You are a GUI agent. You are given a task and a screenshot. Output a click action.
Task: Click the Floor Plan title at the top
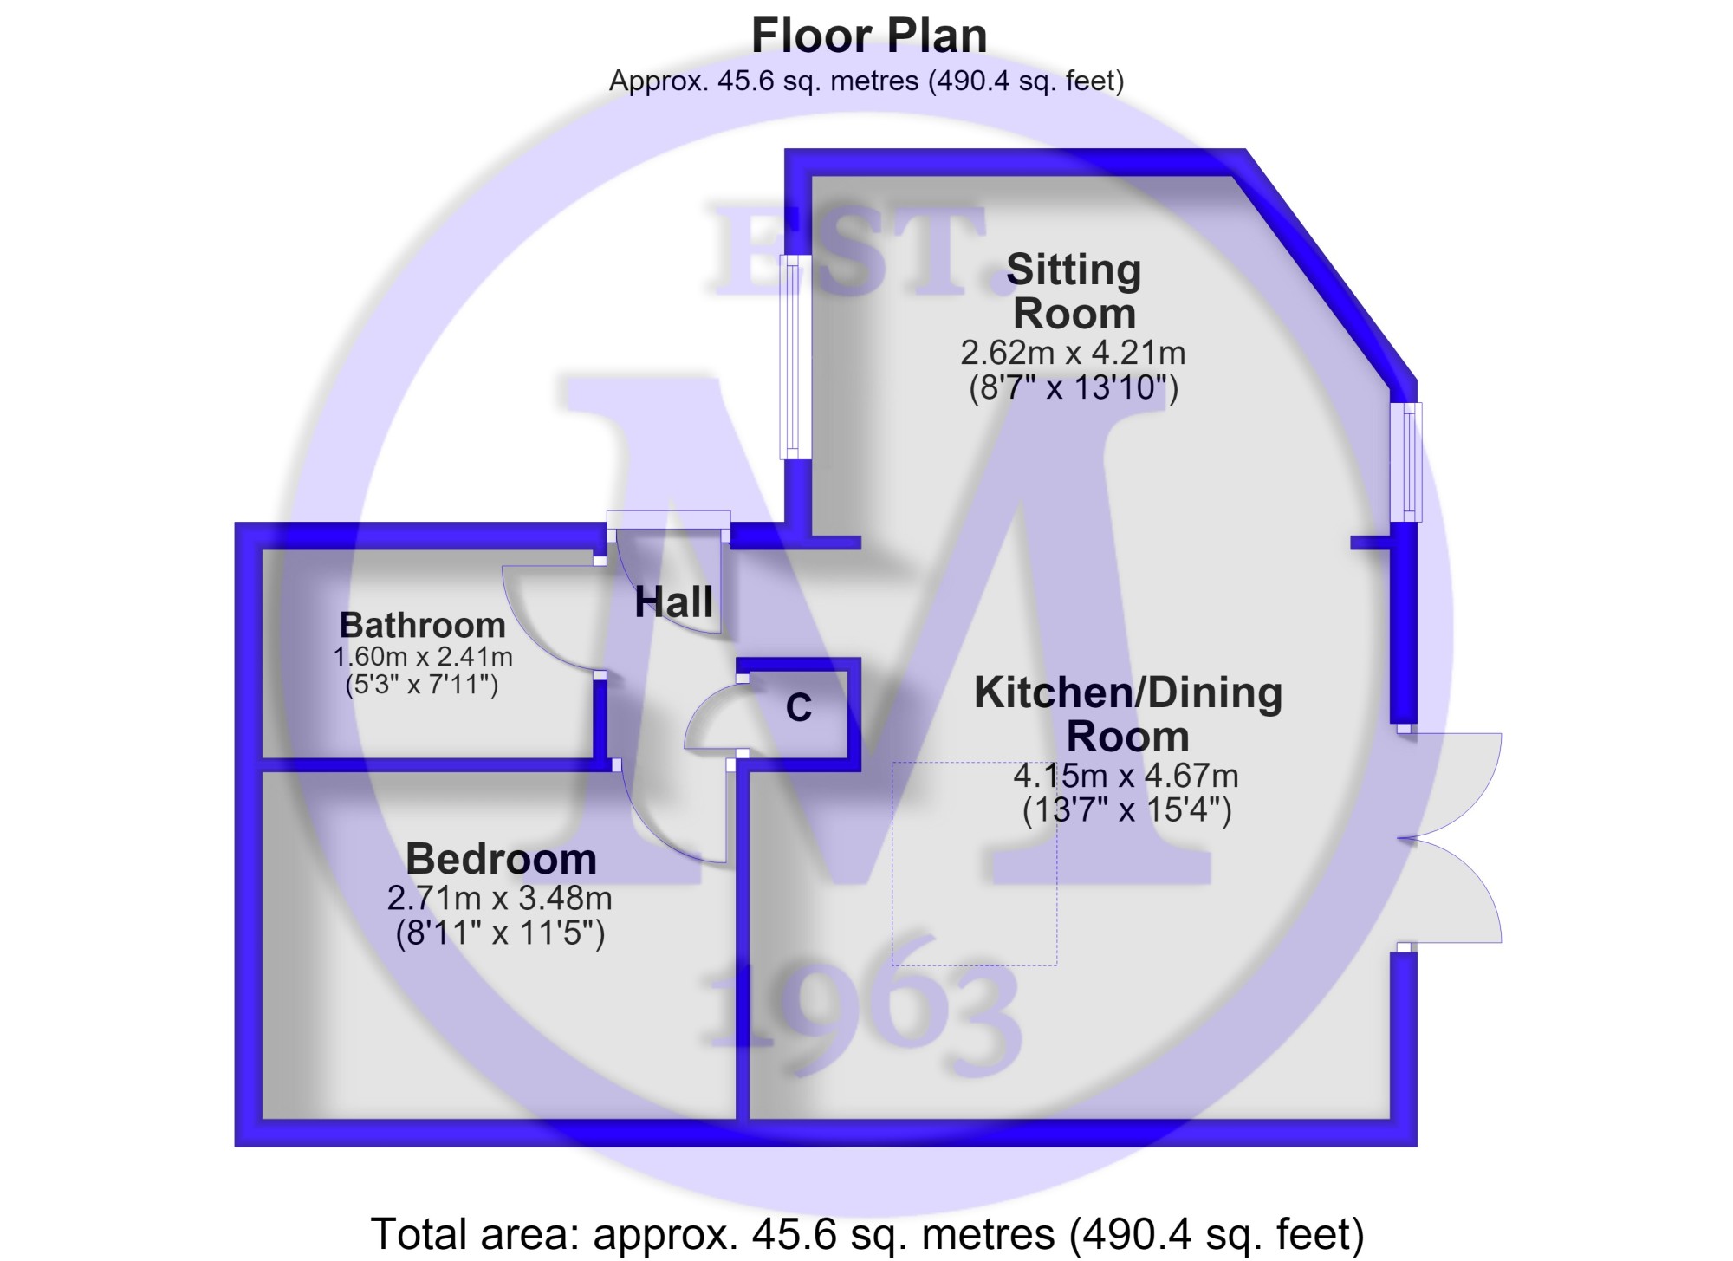pyautogui.click(x=868, y=36)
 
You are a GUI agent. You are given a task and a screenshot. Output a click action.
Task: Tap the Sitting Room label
pyautogui.click(x=1074, y=291)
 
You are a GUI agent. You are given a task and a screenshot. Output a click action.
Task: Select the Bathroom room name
pyautogui.click(x=422, y=625)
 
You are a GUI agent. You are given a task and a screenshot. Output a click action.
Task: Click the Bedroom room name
pyautogui.click(x=501, y=859)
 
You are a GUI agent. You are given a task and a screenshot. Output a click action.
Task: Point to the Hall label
pyautogui.click(x=674, y=601)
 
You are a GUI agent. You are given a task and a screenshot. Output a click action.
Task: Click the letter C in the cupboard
pyautogui.click(x=798, y=708)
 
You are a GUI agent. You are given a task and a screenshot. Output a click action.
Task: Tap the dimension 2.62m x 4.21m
pyautogui.click(x=1073, y=353)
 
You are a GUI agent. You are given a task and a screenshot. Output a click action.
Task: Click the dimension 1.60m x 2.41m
pyautogui.click(x=422, y=657)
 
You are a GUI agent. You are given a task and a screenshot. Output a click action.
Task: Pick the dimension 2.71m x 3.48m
pyautogui.click(x=500, y=898)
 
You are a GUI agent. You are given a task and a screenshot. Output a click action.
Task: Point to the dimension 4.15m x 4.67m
pyautogui.click(x=1126, y=775)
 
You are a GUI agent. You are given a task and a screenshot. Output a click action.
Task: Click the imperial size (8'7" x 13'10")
pyautogui.click(x=1074, y=387)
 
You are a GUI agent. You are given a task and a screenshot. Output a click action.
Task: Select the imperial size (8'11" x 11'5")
pyautogui.click(x=500, y=933)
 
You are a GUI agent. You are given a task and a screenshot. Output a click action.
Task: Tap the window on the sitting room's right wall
pyautogui.click(x=1406, y=462)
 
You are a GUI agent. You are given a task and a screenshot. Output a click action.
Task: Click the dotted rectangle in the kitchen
pyautogui.click(x=974, y=864)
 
